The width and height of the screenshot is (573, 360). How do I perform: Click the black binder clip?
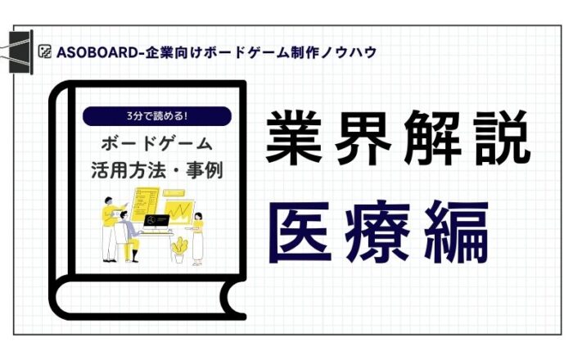pos(20,52)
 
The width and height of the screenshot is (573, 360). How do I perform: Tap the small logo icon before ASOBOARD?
pos(44,52)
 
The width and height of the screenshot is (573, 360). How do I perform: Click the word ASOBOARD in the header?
pos(97,52)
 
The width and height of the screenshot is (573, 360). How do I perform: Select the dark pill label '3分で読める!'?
pos(157,116)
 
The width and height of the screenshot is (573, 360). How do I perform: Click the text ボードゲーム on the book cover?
pos(157,144)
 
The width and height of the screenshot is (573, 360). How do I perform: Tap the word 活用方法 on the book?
pos(129,170)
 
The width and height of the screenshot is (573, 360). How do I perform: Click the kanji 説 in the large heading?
pos(502,137)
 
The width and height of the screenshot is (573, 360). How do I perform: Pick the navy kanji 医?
pos(300,232)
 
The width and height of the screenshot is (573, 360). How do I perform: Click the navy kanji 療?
pos(377,232)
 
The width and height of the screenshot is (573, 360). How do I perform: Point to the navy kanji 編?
pos(457,232)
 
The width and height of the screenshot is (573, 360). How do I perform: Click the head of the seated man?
pos(124,215)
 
